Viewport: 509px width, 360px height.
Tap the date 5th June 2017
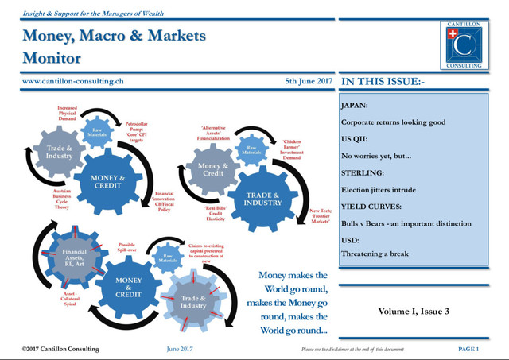(x=308, y=81)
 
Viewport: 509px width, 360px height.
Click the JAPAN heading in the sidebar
(x=354, y=105)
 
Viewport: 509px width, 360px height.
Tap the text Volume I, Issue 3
(x=414, y=311)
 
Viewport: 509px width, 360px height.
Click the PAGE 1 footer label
(x=468, y=349)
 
